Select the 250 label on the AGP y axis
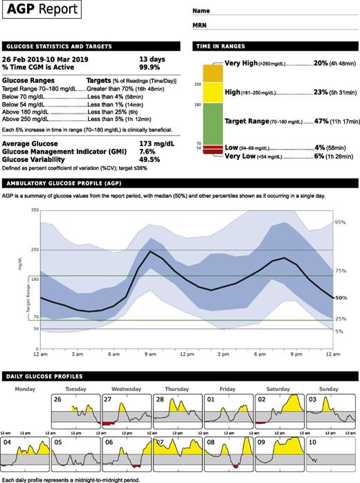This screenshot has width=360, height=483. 35,250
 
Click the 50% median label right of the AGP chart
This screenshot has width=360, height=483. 341,298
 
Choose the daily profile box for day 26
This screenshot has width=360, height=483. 75,412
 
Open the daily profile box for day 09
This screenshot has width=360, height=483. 279,453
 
